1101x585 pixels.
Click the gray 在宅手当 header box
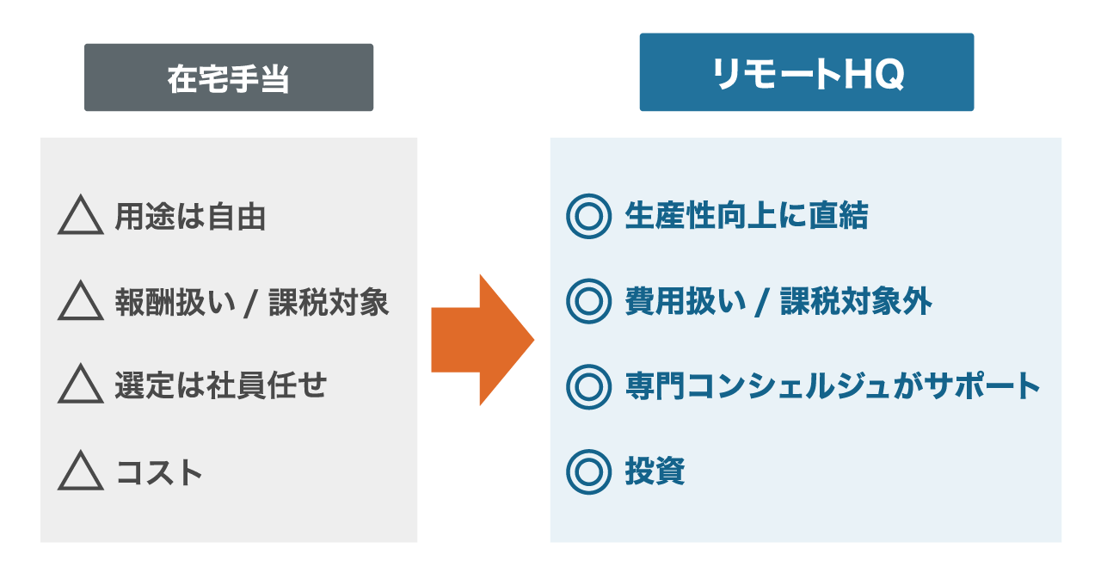click(x=229, y=77)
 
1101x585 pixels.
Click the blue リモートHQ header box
click(x=806, y=72)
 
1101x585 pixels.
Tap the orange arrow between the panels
click(x=483, y=340)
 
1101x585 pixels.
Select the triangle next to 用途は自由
click(x=80, y=216)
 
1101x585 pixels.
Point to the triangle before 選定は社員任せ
click(x=80, y=385)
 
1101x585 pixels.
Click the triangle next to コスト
click(x=80, y=471)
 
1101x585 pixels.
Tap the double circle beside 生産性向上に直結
click(x=588, y=216)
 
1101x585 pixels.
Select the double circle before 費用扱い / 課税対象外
click(x=588, y=301)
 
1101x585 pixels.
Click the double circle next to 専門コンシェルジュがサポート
click(x=588, y=386)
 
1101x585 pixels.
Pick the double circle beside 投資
click(x=588, y=471)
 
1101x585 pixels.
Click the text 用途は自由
click(x=190, y=217)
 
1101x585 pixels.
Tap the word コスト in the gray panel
click(x=159, y=472)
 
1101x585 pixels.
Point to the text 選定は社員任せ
click(x=221, y=385)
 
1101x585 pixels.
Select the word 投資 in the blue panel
click(x=655, y=471)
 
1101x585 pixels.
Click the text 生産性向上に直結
click(x=746, y=216)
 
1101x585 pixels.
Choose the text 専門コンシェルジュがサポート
click(x=833, y=386)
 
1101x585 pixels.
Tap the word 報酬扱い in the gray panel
click(x=172, y=302)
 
